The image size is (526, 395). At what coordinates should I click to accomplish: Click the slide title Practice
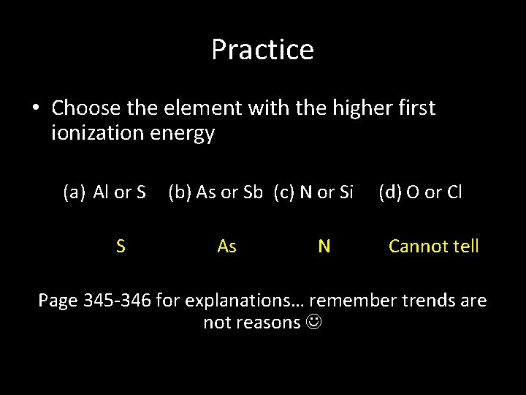262,50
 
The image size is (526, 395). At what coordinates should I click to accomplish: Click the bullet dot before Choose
35,109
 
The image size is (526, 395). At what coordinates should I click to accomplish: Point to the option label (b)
180,192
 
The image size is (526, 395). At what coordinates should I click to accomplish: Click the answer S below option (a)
121,247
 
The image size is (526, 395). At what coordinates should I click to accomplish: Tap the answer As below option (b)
226,247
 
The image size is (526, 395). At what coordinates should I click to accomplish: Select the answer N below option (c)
324,247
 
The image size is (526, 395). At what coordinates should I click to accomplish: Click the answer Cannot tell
433,247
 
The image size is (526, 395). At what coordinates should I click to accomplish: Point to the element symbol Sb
253,192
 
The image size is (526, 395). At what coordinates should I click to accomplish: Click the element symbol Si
346,192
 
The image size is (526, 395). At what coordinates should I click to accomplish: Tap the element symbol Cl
454,192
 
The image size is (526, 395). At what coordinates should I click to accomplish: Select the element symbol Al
102,192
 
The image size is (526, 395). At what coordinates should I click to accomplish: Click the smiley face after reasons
313,323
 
